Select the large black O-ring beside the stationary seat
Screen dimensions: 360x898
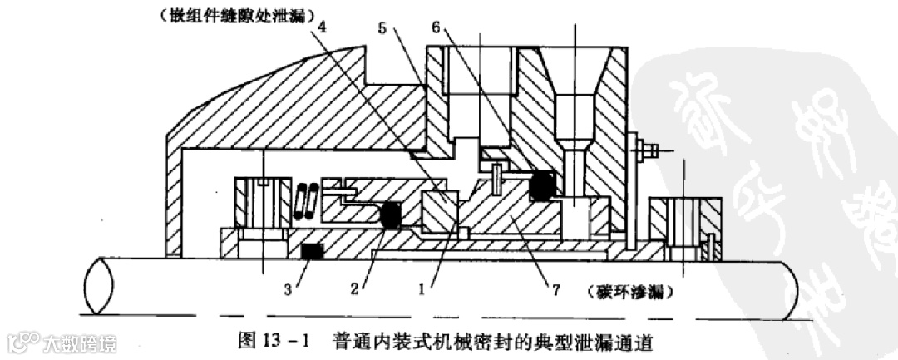point(545,187)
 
